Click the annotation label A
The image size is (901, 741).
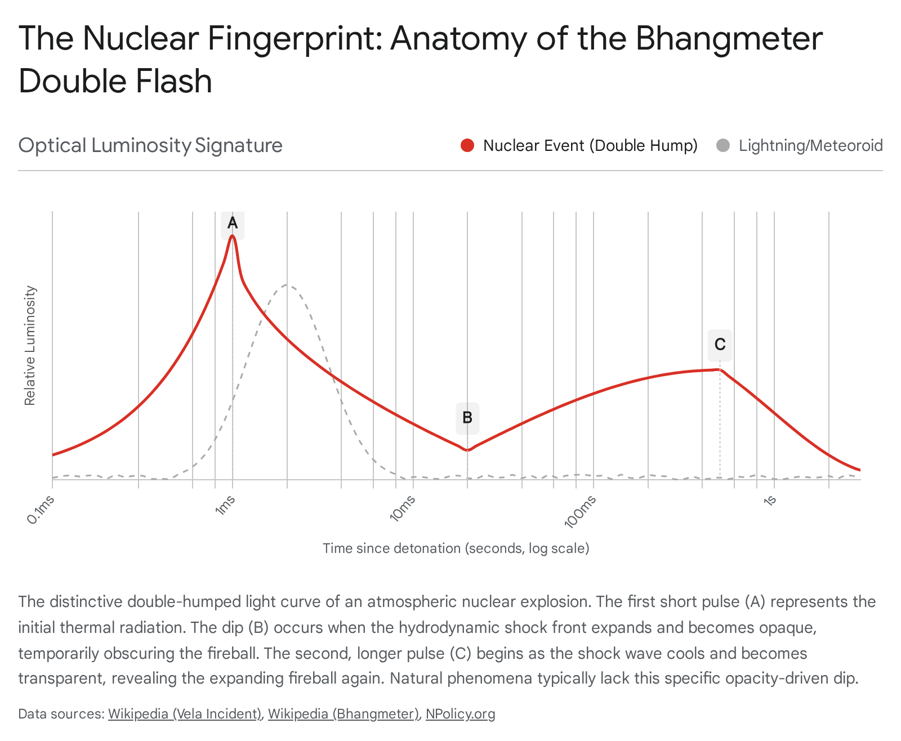click(x=233, y=224)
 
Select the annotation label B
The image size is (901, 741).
click(x=467, y=418)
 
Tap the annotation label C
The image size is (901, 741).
click(x=720, y=345)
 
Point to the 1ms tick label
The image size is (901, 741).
click(x=225, y=505)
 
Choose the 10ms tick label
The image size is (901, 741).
click(x=403, y=508)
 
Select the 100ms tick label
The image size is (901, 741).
click(x=581, y=511)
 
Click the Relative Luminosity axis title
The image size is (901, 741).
click(x=30, y=346)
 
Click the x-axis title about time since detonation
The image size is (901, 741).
click(x=456, y=548)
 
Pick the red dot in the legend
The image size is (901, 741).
click(x=467, y=146)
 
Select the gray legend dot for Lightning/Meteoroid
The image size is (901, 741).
click(x=723, y=146)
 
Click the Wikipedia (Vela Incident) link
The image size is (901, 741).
click(x=185, y=714)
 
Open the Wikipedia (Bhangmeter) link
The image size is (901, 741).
click(x=344, y=714)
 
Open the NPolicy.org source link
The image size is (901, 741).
click(x=460, y=714)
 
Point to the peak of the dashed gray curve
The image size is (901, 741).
click(x=287, y=285)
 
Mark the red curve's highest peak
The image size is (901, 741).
click(x=233, y=236)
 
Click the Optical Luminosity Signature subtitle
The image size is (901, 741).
click(x=150, y=145)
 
